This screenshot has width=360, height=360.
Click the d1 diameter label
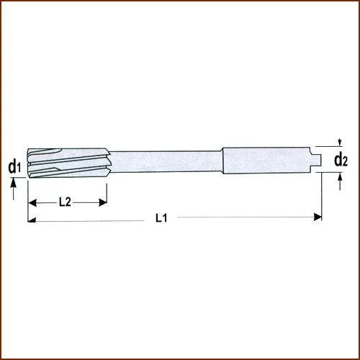point(14,168)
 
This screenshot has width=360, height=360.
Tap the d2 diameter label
point(341,160)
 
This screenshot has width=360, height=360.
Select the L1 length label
point(161,218)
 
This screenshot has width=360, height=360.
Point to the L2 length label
point(64,203)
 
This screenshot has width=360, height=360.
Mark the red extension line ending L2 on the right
point(106,193)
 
